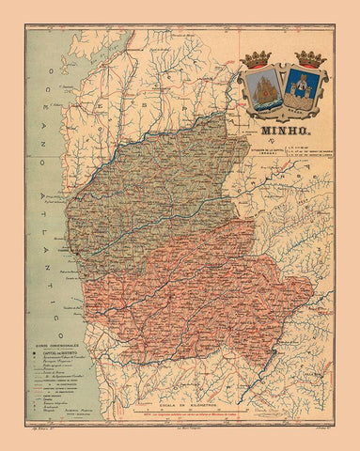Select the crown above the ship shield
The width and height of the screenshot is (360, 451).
(260, 58)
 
